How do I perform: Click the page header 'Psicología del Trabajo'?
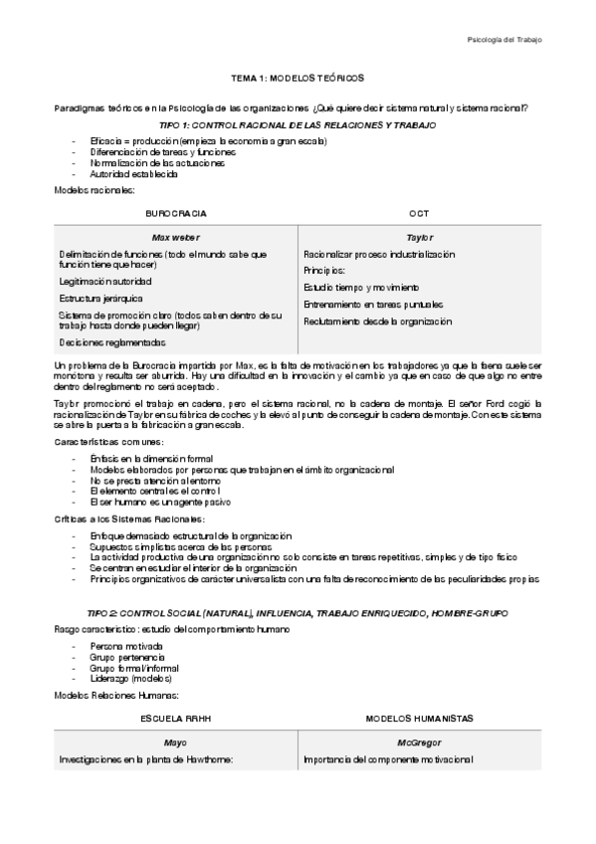504,40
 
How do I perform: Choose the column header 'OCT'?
419,213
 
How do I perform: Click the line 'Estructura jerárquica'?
100,298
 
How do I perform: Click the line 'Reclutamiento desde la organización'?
377,321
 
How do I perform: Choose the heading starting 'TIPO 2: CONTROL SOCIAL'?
298,613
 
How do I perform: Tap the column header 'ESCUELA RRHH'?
176,717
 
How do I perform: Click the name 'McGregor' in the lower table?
419,742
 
